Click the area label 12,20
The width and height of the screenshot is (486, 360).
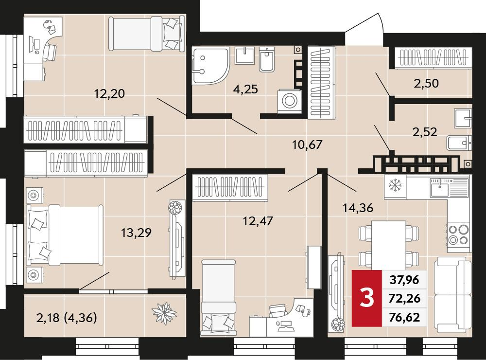(109, 93)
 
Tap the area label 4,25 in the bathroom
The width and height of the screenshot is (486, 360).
(245, 89)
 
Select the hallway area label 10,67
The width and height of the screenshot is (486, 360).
(308, 144)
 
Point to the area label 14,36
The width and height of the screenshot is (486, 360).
(358, 208)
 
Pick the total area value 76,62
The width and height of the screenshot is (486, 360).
(405, 317)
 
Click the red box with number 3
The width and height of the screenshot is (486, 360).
(367, 298)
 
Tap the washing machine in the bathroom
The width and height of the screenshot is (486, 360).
(290, 101)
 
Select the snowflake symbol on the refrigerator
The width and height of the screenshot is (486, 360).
(395, 185)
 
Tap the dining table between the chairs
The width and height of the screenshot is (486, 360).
(389, 245)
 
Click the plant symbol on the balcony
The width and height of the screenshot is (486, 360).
(164, 313)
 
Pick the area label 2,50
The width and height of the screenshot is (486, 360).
(426, 83)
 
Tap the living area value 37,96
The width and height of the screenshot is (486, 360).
(404, 280)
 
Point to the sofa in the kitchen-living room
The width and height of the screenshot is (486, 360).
(452, 297)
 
